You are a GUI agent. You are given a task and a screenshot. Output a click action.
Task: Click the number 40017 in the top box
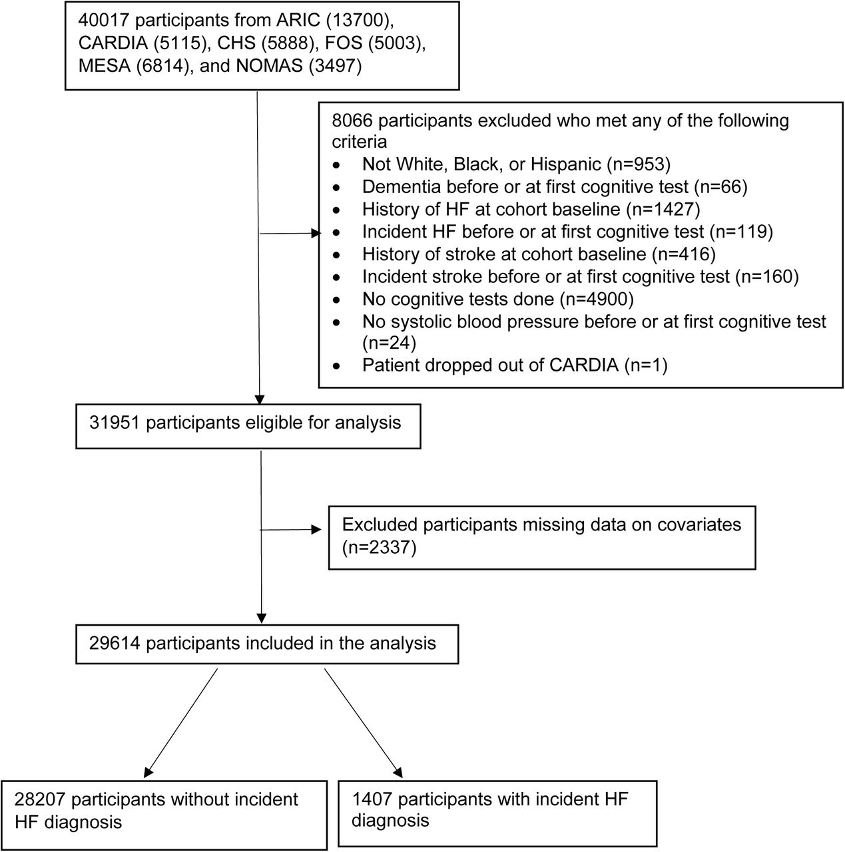pyautogui.click(x=103, y=21)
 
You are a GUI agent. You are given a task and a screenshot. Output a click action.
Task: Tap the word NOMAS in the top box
pyautogui.click(x=269, y=66)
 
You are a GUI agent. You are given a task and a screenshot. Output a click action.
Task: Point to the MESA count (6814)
pyautogui.click(x=162, y=66)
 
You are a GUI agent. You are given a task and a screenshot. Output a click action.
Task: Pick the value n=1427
pyautogui.click(x=663, y=210)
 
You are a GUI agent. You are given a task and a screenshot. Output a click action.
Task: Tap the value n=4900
pyautogui.click(x=597, y=300)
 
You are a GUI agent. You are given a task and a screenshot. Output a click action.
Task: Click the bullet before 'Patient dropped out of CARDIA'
pyautogui.click(x=337, y=366)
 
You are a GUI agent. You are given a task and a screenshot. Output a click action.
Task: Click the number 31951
pyautogui.click(x=115, y=423)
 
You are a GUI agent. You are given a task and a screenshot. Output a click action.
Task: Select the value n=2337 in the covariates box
pyautogui.click(x=379, y=547)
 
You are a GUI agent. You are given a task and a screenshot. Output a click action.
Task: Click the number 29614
pyautogui.click(x=115, y=643)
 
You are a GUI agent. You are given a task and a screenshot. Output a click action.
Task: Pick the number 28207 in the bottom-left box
pyautogui.click(x=40, y=799)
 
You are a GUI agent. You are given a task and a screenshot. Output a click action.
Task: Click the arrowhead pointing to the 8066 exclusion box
pyautogui.click(x=316, y=233)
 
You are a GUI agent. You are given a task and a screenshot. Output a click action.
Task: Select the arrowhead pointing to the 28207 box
pyautogui.click(x=148, y=772)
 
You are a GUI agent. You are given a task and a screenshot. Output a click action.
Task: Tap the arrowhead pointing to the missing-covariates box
pyautogui.click(x=316, y=529)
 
